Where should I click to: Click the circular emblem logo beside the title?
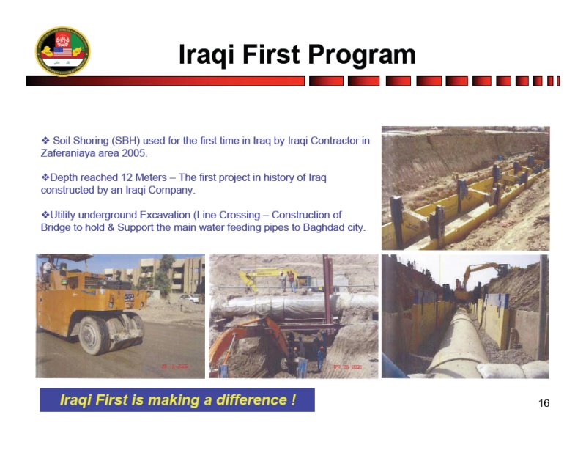pyautogui.click(x=63, y=51)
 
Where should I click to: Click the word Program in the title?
pyautogui.click(x=362, y=55)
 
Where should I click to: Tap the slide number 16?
pyautogui.click(x=544, y=403)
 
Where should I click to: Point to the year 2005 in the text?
pyautogui.click(x=135, y=153)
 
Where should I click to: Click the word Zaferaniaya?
pyautogui.click(x=68, y=153)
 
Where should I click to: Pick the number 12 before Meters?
pyautogui.click(x=126, y=177)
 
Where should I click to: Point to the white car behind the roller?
pyautogui.click(x=190, y=298)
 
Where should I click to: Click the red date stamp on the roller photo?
pyautogui.click(x=174, y=367)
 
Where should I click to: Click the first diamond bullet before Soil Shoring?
pyautogui.click(x=45, y=141)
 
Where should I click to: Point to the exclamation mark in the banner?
pyautogui.click(x=294, y=399)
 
